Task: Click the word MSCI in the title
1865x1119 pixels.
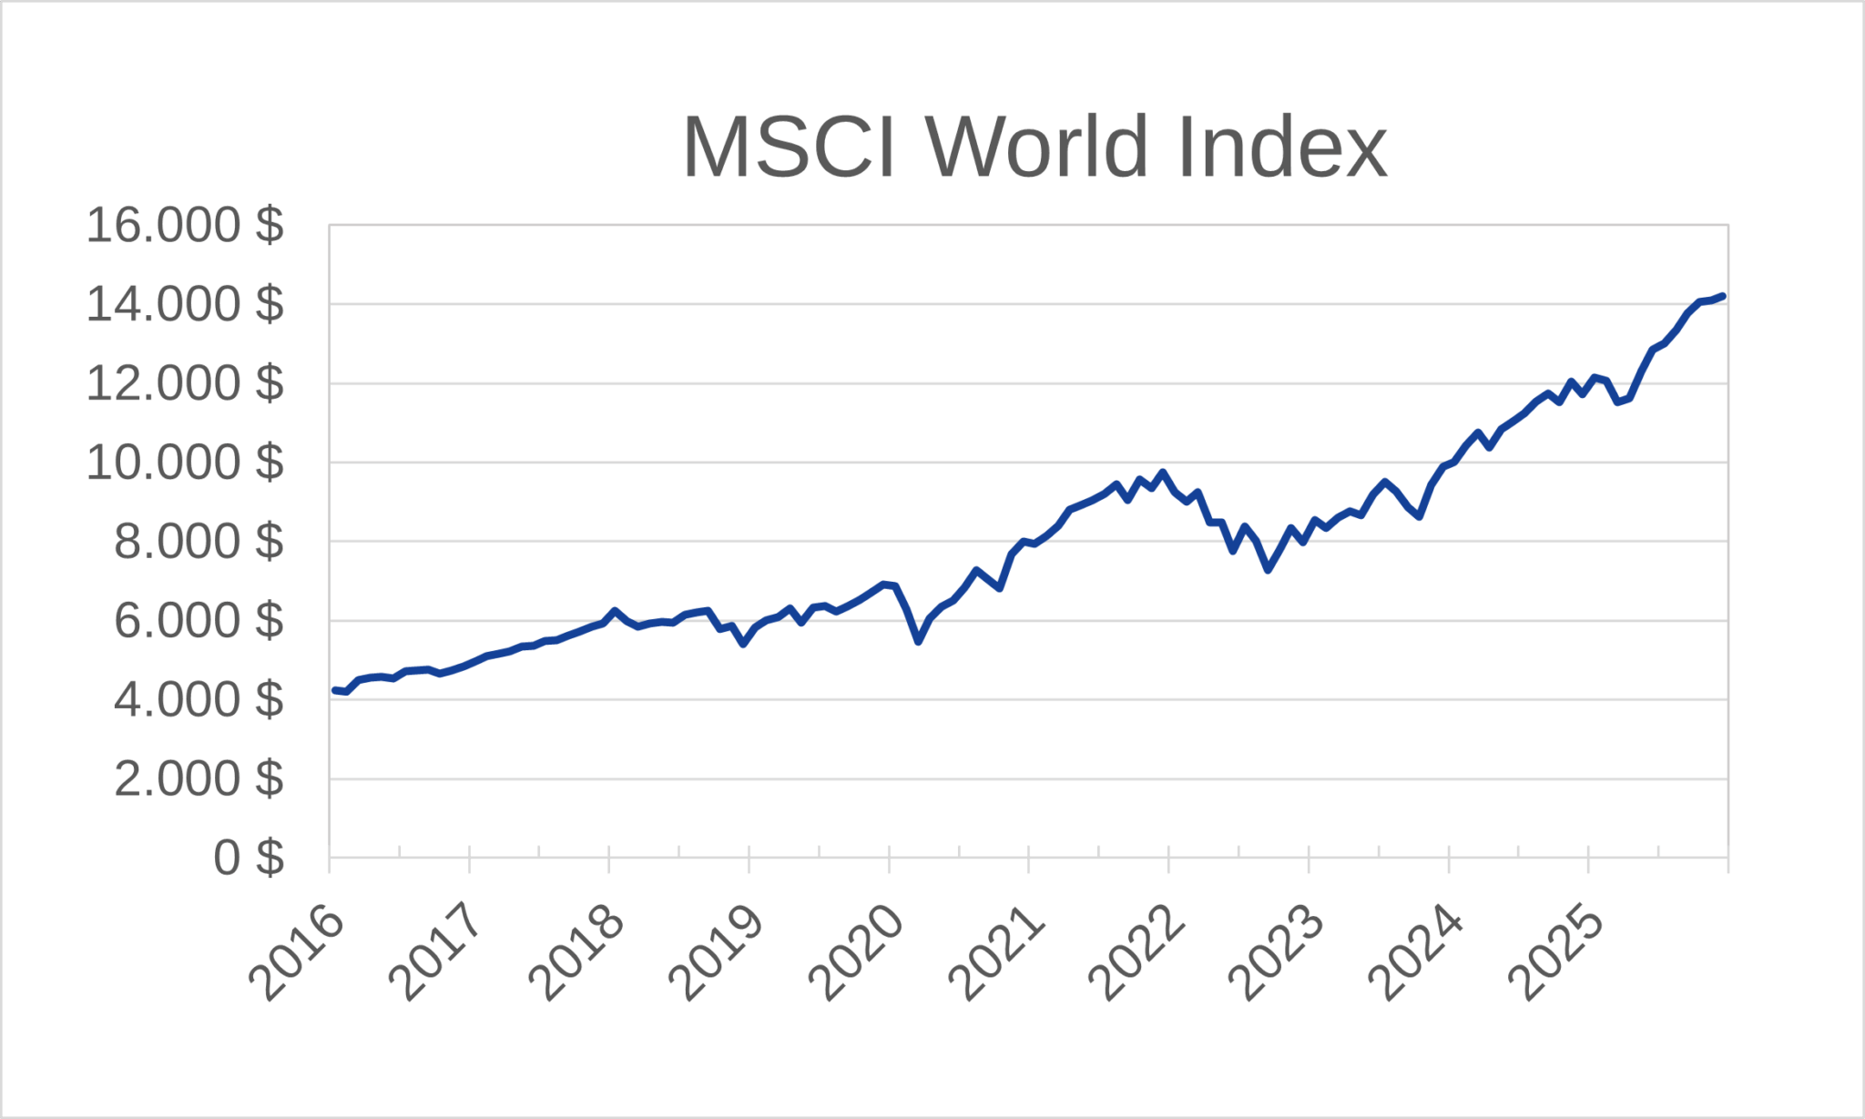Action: point(789,148)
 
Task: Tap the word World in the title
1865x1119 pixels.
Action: point(1037,148)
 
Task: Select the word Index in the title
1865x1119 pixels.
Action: point(1281,148)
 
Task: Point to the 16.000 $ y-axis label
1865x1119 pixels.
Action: point(185,225)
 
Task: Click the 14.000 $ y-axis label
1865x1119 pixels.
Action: point(185,304)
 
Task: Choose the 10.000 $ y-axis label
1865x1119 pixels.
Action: point(185,463)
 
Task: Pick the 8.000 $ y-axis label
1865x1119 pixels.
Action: point(199,542)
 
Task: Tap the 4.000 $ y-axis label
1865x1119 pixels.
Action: point(199,700)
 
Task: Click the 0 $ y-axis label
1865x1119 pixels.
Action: point(249,858)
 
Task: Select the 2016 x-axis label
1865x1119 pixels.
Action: point(297,953)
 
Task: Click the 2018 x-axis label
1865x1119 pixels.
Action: point(576,953)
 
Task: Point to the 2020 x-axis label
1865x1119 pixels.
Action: point(856,953)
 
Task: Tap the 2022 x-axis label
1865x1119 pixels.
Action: point(1136,953)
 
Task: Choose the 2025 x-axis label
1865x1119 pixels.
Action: point(1555,953)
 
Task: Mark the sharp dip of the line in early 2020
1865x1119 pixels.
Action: point(919,642)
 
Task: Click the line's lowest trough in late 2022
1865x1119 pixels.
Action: point(1268,570)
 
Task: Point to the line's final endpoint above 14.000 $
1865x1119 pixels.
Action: point(1723,296)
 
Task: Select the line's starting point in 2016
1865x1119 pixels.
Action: point(335,690)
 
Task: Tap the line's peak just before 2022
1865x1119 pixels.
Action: point(1162,473)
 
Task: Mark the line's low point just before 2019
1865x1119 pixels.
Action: point(744,644)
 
